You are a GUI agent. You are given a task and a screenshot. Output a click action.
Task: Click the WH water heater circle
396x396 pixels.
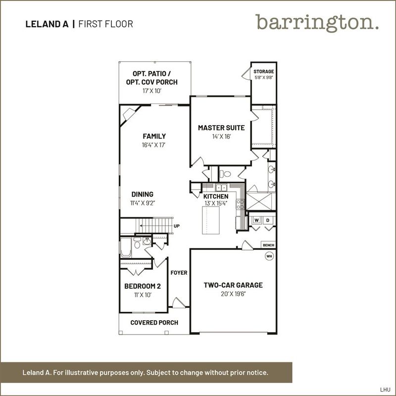pyautogui.click(x=269, y=256)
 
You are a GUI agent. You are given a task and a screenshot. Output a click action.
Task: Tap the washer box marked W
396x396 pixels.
pyautogui.click(x=256, y=220)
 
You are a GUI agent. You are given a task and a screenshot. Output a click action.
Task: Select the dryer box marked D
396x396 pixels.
pyautogui.click(x=268, y=220)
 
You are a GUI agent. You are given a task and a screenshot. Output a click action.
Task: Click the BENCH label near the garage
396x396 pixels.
pyautogui.click(x=268, y=245)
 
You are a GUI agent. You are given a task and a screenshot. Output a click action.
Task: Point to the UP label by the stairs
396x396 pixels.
pyautogui.click(x=177, y=226)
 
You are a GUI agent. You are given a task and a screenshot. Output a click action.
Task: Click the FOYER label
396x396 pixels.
pyautogui.click(x=179, y=273)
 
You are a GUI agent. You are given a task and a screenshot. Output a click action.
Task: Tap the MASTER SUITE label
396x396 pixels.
pyautogui.click(x=221, y=128)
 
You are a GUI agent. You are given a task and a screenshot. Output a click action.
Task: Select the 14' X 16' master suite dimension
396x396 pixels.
pyautogui.click(x=221, y=137)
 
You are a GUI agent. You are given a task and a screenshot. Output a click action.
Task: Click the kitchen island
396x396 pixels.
pyautogui.click(x=211, y=220)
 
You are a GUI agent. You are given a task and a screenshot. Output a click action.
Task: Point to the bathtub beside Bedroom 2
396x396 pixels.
pyautogui.click(x=126, y=247)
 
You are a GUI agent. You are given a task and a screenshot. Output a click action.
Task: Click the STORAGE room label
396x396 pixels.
pyautogui.click(x=264, y=71)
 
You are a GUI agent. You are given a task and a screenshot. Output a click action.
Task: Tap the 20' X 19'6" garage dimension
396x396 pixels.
pyautogui.click(x=233, y=294)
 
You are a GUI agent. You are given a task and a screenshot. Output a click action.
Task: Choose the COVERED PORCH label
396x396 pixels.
pyautogui.click(x=154, y=323)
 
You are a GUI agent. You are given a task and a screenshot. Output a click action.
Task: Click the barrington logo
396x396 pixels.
pyautogui.click(x=317, y=23)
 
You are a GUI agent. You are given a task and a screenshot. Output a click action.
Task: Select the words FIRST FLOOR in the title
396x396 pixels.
pyautogui.click(x=106, y=24)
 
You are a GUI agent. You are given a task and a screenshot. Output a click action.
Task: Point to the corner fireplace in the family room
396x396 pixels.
pyautogui.click(x=129, y=114)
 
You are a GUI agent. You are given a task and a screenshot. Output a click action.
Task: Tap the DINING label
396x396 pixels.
pyautogui.click(x=143, y=194)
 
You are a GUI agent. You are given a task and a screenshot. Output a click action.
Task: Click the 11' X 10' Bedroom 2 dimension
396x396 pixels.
pyautogui.click(x=143, y=295)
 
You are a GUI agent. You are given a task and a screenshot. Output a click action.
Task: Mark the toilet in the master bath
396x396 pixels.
pyautogui.click(x=225, y=174)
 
